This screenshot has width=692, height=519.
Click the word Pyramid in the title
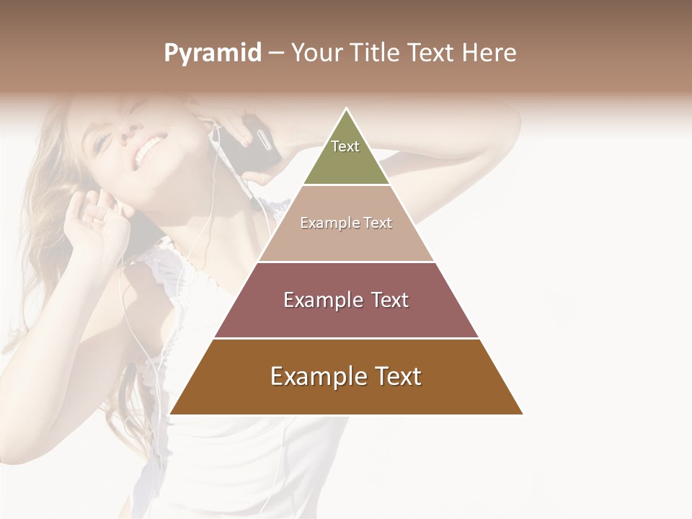(x=213, y=53)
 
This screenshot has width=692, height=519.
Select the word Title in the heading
(x=377, y=53)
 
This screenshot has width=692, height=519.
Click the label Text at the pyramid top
(x=345, y=146)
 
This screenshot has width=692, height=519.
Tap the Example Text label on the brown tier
(x=346, y=376)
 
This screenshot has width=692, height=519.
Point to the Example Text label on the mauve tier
(x=346, y=300)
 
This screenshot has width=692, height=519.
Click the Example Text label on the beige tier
(x=346, y=223)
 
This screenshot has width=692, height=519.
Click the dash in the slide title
(x=276, y=53)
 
